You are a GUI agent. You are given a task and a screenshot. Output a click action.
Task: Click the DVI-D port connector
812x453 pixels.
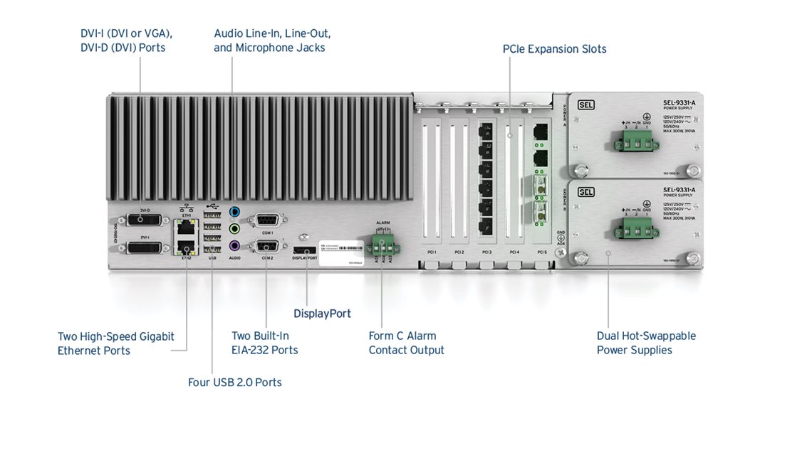point(145,220)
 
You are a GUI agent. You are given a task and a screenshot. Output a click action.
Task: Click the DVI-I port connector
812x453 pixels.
point(145,247)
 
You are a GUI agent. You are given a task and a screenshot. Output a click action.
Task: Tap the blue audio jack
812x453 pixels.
point(234,211)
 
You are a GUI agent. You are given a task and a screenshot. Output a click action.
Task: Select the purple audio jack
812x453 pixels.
point(234,245)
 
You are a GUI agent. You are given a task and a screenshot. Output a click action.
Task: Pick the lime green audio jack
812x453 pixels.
point(234,228)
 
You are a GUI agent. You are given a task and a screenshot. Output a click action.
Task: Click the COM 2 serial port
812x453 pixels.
point(267,246)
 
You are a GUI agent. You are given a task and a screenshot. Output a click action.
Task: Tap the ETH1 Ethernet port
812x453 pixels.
point(186,226)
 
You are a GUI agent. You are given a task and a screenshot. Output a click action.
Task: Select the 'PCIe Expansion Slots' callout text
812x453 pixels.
point(554,49)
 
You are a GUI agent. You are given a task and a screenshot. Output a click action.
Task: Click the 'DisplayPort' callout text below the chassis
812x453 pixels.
point(322,314)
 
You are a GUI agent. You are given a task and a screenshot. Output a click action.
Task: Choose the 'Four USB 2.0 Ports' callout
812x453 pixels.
point(235,383)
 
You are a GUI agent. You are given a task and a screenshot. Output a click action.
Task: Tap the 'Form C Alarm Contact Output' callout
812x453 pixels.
point(406,343)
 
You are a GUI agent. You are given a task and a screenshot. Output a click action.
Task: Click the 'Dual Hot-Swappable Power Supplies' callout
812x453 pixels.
point(646,343)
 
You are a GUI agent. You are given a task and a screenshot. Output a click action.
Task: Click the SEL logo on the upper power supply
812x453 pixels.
point(585,105)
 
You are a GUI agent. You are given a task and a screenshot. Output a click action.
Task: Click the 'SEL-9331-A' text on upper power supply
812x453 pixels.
point(679,102)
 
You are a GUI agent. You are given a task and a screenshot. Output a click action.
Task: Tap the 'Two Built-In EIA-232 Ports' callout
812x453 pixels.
point(264,343)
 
